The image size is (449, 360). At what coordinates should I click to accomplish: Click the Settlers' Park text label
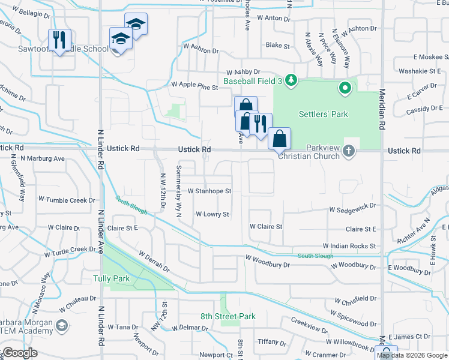[324, 114]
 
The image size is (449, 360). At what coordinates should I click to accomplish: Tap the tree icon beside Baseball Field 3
[291, 80]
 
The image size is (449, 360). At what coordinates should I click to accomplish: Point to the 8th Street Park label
[228, 316]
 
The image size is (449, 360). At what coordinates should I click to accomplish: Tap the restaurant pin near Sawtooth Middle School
[59, 40]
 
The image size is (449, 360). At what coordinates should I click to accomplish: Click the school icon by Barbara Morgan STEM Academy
[61, 326]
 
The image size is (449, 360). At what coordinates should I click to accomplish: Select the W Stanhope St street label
[209, 191]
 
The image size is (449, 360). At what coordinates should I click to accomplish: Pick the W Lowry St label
[212, 214]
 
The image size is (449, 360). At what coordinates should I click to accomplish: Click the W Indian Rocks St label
[349, 246]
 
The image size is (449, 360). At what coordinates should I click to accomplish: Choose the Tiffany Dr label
[268, 341]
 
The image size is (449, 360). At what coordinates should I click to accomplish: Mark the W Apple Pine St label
[195, 87]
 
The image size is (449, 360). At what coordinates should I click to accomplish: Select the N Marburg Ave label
[43, 158]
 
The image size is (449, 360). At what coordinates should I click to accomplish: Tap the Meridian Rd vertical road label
[381, 111]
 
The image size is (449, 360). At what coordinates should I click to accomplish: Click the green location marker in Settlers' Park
[345, 89]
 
